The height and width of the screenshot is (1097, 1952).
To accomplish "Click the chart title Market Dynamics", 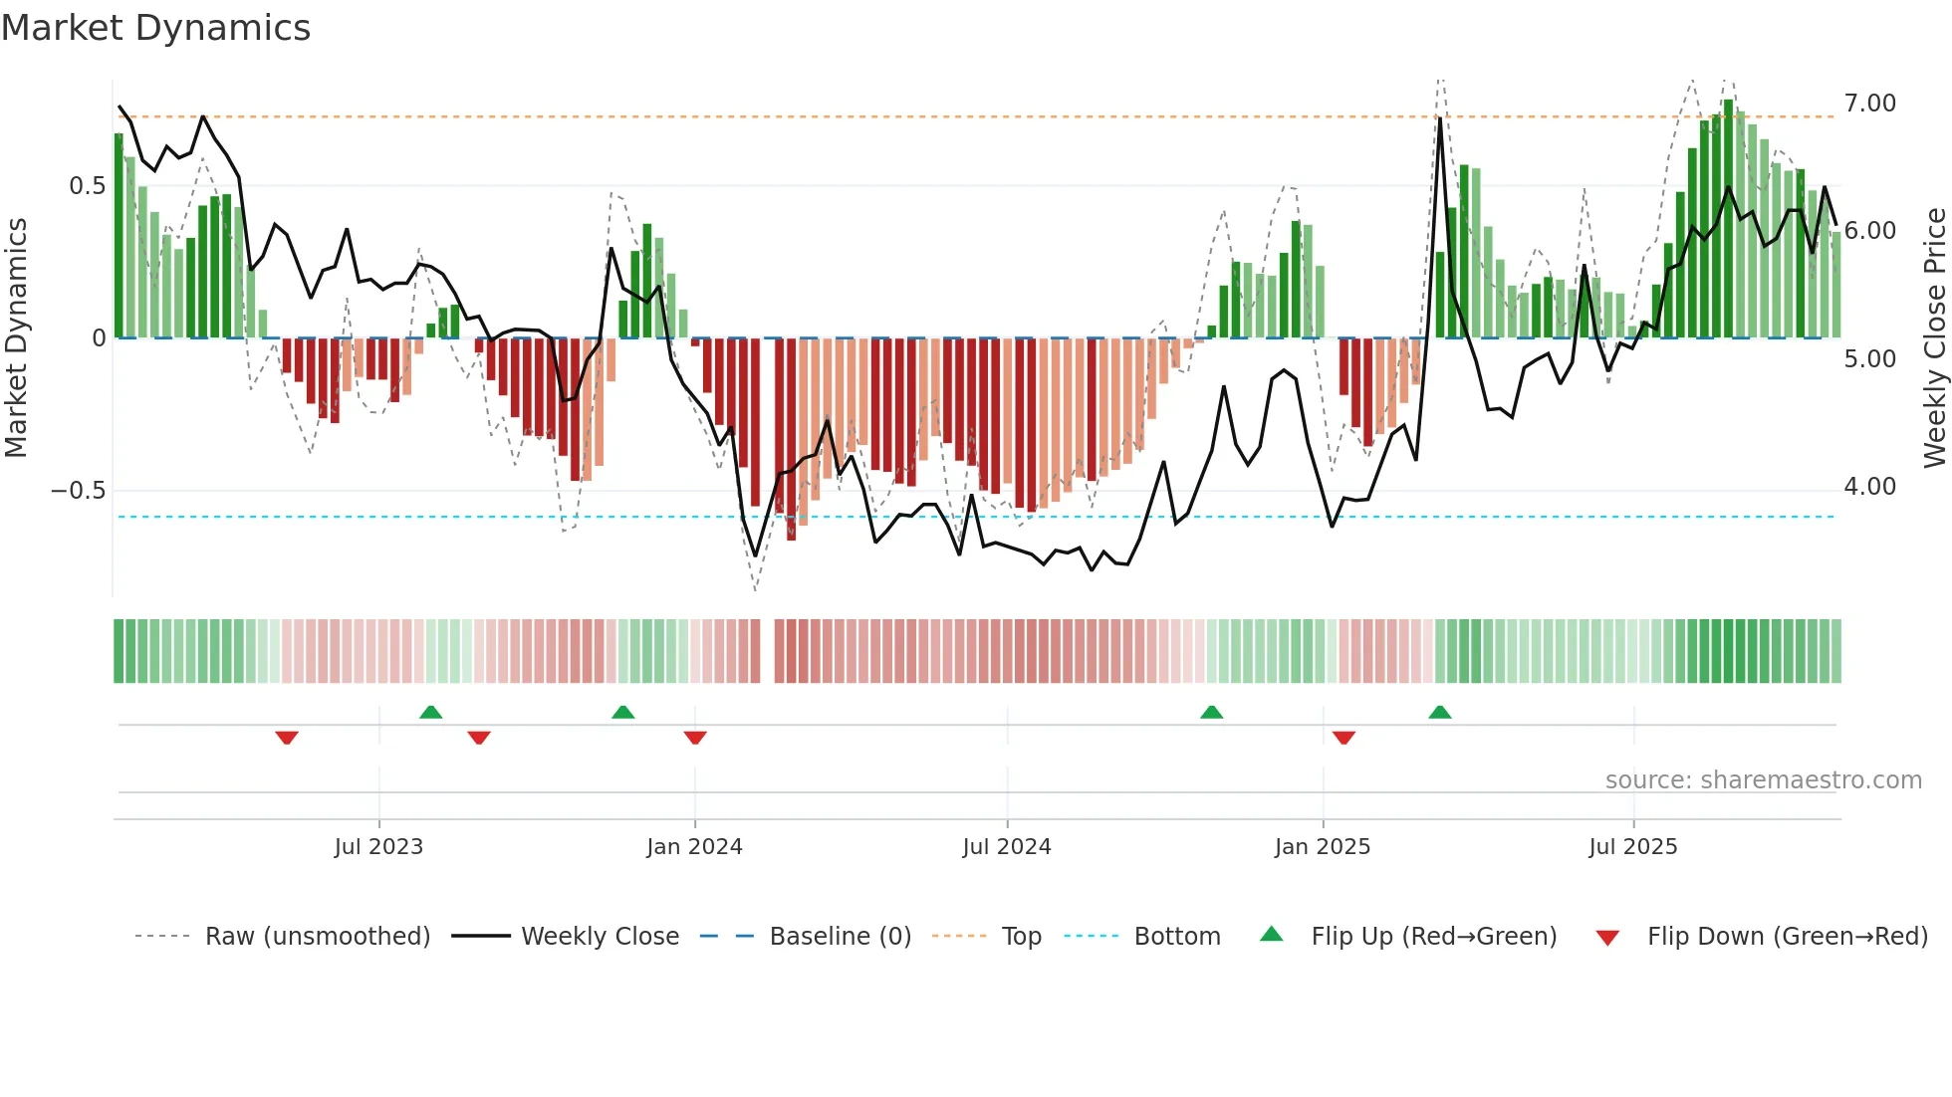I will point(155,28).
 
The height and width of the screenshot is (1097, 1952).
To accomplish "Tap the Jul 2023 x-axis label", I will point(378,847).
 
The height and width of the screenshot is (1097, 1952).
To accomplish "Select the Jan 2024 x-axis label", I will point(694,847).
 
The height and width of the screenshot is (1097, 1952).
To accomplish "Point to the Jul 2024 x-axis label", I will point(1006,847).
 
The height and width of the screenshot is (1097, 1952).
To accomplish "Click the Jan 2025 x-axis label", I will point(1322,847).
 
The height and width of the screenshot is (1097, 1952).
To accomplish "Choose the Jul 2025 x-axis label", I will point(1632,847).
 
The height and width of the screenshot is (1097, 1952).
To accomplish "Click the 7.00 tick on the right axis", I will point(1869,104).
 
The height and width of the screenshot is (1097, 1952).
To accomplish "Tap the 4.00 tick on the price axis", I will point(1869,487).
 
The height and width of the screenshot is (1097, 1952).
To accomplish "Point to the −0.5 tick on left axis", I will point(78,491).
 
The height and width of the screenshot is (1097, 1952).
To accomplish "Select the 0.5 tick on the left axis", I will point(87,186).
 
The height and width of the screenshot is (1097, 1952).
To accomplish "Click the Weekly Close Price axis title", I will point(1934,338).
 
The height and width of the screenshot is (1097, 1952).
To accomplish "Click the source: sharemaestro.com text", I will point(1763,780).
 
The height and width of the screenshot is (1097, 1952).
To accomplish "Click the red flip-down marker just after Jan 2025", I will point(1343,738).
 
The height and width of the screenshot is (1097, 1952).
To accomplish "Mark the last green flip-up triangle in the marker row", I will point(1439,712).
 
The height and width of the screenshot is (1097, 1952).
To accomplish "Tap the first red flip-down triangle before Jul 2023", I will point(287,738).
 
